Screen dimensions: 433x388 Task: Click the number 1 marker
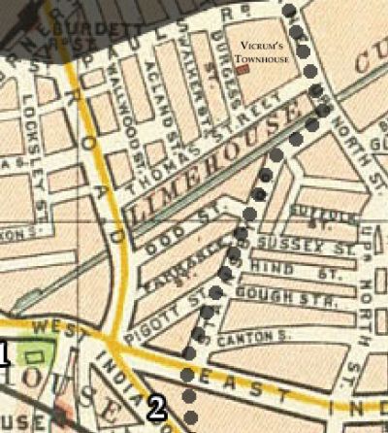4,355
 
